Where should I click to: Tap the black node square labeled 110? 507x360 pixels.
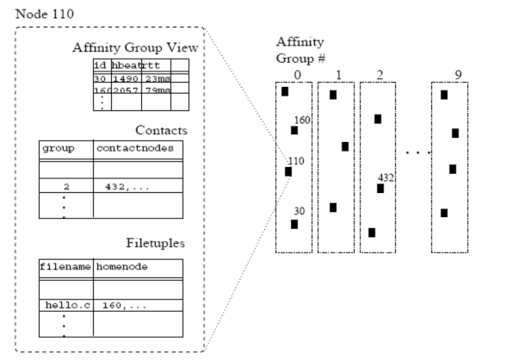288,171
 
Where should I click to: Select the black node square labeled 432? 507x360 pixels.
380,188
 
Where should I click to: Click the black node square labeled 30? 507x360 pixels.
294,224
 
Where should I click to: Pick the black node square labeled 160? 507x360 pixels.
294,130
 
